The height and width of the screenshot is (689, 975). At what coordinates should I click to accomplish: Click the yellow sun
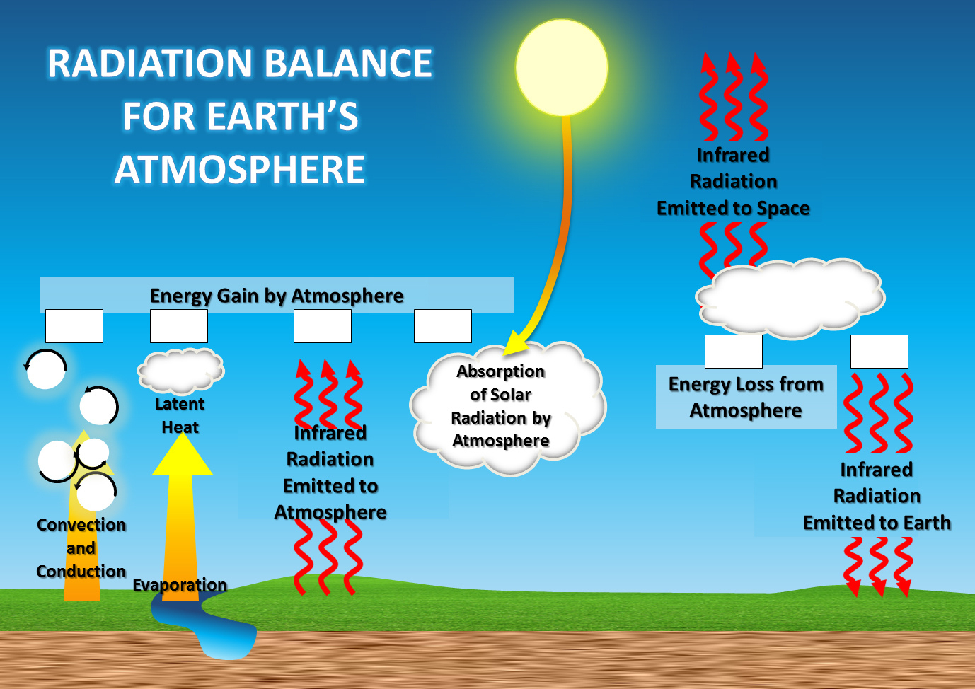pyautogui.click(x=562, y=67)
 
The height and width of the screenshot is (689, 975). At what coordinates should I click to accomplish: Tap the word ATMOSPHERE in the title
pyautogui.click(x=240, y=170)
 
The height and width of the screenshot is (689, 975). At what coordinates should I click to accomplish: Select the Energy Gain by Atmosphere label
pyautogui.click(x=277, y=296)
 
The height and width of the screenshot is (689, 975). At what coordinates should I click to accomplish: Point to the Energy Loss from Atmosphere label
pyautogui.click(x=746, y=397)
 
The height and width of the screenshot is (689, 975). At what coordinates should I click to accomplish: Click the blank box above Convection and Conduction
pyautogui.click(x=74, y=326)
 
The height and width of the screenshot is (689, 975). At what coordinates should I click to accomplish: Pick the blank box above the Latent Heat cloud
pyautogui.click(x=179, y=326)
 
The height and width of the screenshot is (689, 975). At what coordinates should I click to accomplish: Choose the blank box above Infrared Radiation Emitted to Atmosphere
pyautogui.click(x=323, y=326)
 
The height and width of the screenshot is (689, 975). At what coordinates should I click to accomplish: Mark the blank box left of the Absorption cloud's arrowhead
pyautogui.click(x=443, y=326)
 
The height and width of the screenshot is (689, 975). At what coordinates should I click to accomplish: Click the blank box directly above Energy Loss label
pyautogui.click(x=734, y=352)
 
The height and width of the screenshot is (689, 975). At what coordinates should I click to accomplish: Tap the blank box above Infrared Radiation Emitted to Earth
pyautogui.click(x=879, y=352)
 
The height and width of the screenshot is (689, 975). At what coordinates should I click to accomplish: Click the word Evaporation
pyautogui.click(x=180, y=585)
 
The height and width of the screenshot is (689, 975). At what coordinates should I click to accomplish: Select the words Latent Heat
pyautogui.click(x=180, y=416)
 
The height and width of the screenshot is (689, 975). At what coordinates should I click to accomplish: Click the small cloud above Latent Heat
pyautogui.click(x=181, y=370)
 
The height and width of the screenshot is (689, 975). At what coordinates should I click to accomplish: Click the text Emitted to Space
pyautogui.click(x=733, y=209)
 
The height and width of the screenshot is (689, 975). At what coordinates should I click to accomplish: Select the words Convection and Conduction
pyautogui.click(x=81, y=548)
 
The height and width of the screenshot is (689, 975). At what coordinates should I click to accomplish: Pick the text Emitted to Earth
pyautogui.click(x=877, y=523)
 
